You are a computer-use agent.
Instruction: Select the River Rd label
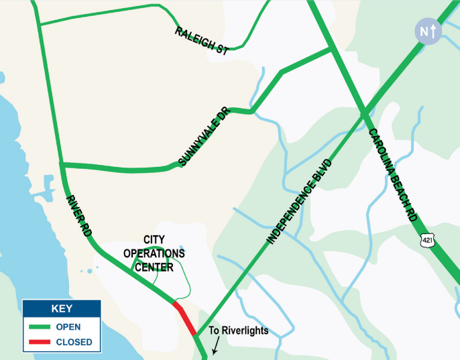[78, 216]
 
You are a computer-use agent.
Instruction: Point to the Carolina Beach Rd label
[394, 176]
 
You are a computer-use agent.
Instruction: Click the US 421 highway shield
[427, 239]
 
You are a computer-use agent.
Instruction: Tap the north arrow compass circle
[428, 31]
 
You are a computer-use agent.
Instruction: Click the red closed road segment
[185, 318]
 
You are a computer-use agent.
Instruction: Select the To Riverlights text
[238, 331]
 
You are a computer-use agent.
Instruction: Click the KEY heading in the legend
[62, 309]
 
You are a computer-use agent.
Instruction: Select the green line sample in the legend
[40, 327]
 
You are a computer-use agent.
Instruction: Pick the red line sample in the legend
[40, 342]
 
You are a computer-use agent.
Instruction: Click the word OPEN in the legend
[68, 327]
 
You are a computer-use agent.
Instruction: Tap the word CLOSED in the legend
[73, 342]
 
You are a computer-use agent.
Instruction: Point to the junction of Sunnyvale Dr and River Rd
[61, 164]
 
